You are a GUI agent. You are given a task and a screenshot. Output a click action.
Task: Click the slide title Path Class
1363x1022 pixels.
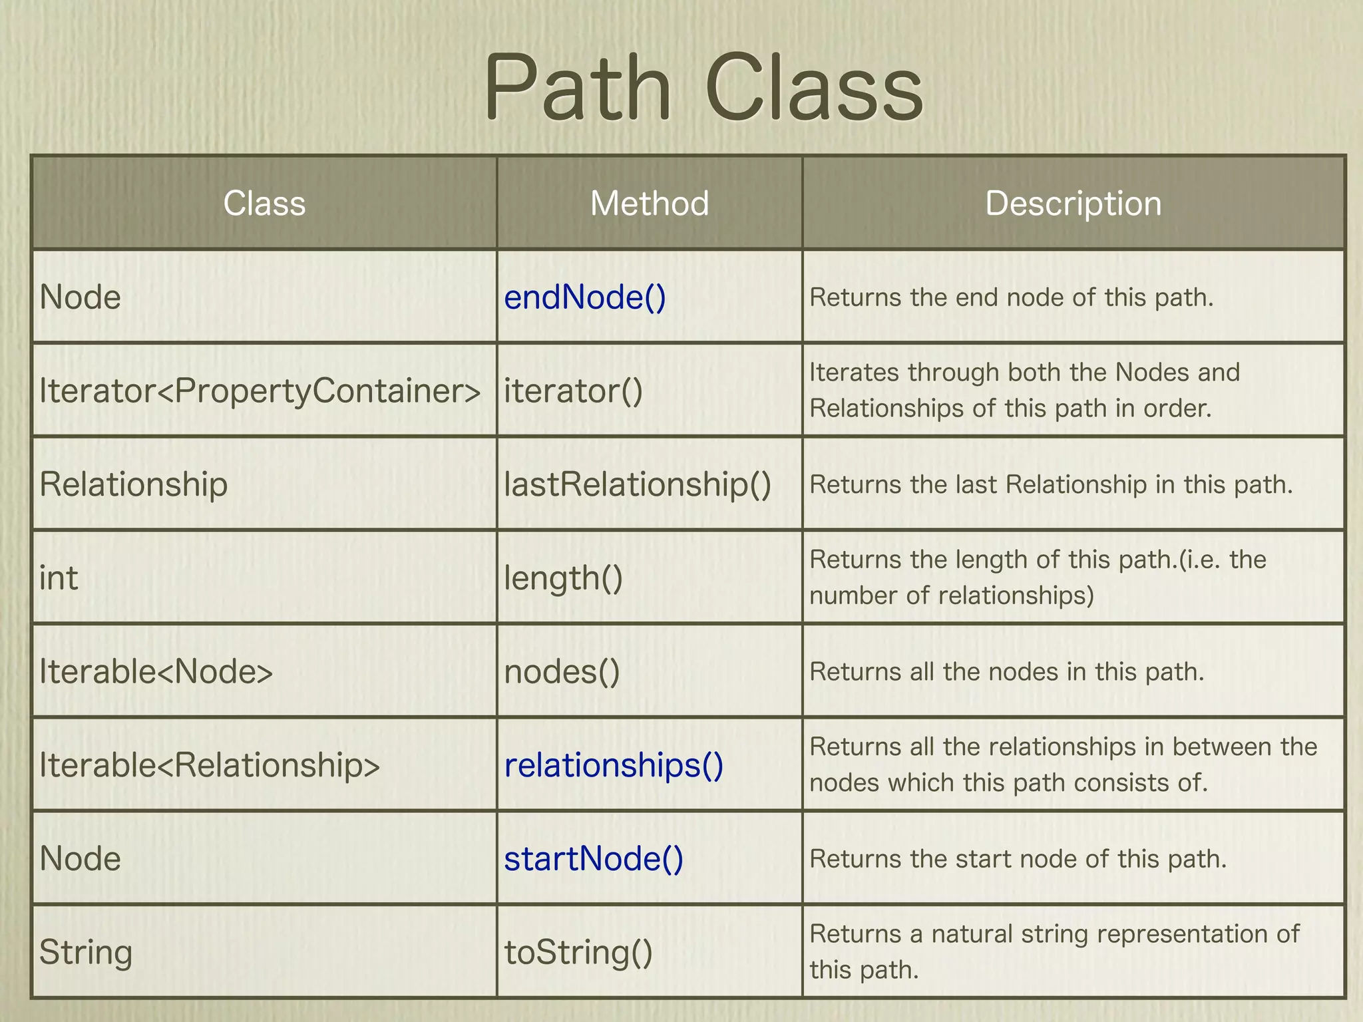click(703, 88)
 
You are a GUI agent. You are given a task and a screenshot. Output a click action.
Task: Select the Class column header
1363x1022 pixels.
click(264, 203)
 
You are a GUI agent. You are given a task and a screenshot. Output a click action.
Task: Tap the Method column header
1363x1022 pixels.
click(650, 203)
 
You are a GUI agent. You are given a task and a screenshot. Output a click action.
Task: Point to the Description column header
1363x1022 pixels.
click(1073, 203)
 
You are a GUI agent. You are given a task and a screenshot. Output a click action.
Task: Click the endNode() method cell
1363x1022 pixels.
click(584, 297)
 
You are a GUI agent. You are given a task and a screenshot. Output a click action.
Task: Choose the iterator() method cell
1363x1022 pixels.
click(573, 391)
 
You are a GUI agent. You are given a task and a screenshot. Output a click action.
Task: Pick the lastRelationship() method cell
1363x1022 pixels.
click(637, 484)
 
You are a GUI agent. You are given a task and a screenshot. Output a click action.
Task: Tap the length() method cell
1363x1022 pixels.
click(563, 578)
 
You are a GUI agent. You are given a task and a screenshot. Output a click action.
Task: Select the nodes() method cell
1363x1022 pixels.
click(562, 671)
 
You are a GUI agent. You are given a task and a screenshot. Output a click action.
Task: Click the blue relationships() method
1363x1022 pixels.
click(613, 765)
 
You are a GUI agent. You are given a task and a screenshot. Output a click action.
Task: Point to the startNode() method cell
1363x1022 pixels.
click(593, 858)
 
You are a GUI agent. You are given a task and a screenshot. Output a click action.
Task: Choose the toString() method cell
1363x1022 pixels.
click(578, 952)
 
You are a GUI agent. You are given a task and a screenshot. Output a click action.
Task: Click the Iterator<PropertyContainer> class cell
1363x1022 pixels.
click(260, 391)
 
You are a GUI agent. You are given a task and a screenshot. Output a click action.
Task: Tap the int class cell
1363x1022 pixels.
click(59, 578)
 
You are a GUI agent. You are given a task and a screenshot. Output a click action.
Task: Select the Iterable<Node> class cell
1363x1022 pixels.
click(156, 671)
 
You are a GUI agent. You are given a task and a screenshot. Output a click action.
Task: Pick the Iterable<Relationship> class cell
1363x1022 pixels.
click(210, 765)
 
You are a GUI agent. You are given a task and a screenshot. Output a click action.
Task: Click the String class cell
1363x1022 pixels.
click(86, 952)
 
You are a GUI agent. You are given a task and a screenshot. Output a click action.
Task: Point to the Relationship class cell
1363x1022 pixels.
click(133, 484)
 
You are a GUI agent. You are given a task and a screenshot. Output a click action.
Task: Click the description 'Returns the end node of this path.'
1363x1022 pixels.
click(1012, 297)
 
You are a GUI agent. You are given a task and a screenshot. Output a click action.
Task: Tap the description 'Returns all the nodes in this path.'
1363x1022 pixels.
click(1007, 672)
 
